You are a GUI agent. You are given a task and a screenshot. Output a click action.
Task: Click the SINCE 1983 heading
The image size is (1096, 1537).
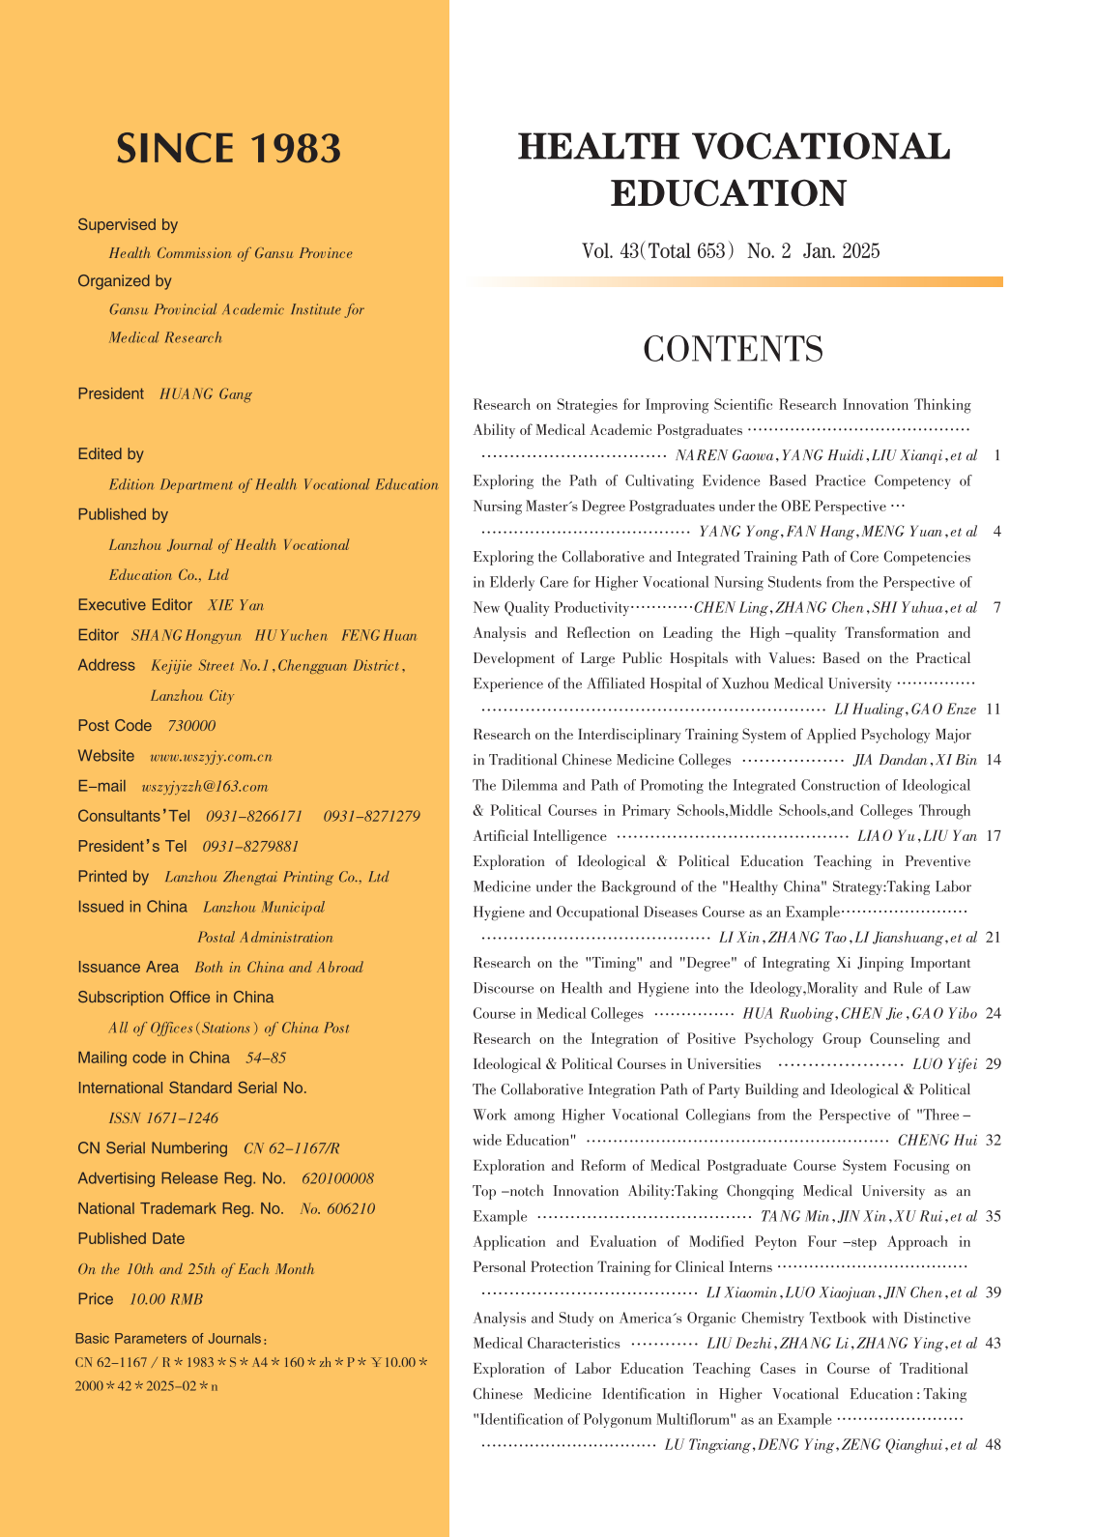[x=228, y=149]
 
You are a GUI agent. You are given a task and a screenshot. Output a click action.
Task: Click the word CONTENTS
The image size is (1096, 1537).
[x=733, y=349]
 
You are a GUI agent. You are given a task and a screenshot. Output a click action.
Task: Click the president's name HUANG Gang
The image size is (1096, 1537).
[x=205, y=394]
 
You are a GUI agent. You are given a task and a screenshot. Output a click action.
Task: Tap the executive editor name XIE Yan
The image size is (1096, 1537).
[x=236, y=605]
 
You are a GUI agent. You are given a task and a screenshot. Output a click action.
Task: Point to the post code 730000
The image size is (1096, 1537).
[x=191, y=726]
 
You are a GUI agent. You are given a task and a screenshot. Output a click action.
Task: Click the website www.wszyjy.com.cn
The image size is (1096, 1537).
[x=211, y=756]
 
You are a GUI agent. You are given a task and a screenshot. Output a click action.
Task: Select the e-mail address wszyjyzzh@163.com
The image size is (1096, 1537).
[x=205, y=787]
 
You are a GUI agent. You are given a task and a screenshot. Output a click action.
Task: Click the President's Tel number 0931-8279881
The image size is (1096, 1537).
[x=250, y=847]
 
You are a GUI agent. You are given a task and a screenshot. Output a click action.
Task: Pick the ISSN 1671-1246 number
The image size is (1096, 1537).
[x=163, y=1118]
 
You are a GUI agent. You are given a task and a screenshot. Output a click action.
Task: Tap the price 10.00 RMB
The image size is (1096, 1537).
[x=166, y=1299]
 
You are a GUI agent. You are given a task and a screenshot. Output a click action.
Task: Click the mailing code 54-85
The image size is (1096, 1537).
[x=266, y=1058]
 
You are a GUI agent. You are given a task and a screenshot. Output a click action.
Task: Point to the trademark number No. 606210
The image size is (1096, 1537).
[x=337, y=1209]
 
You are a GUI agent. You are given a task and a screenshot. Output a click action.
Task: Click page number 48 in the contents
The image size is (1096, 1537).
[x=993, y=1445]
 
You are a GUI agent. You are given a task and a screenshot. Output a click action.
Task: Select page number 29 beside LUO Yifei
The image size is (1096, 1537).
[x=993, y=1064]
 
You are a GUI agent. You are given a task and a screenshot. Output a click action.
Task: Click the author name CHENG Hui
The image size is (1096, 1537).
[x=937, y=1141]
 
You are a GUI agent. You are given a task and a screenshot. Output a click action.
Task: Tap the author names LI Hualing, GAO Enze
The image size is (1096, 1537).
[x=905, y=710]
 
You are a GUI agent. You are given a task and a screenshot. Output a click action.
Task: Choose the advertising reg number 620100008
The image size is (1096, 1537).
[x=337, y=1178]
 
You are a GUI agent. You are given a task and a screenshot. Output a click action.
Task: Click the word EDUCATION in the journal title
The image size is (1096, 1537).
[x=729, y=193]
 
